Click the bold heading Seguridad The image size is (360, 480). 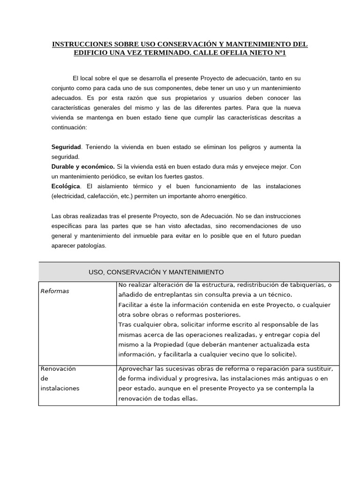(x=66, y=147)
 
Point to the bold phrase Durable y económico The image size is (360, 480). (x=83, y=166)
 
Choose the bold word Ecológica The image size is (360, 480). (x=66, y=186)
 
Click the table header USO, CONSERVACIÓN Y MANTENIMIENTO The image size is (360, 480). (x=156, y=272)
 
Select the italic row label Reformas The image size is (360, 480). (x=55, y=291)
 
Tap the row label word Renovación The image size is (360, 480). (x=58, y=368)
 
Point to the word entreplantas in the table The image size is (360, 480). (x=164, y=294)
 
